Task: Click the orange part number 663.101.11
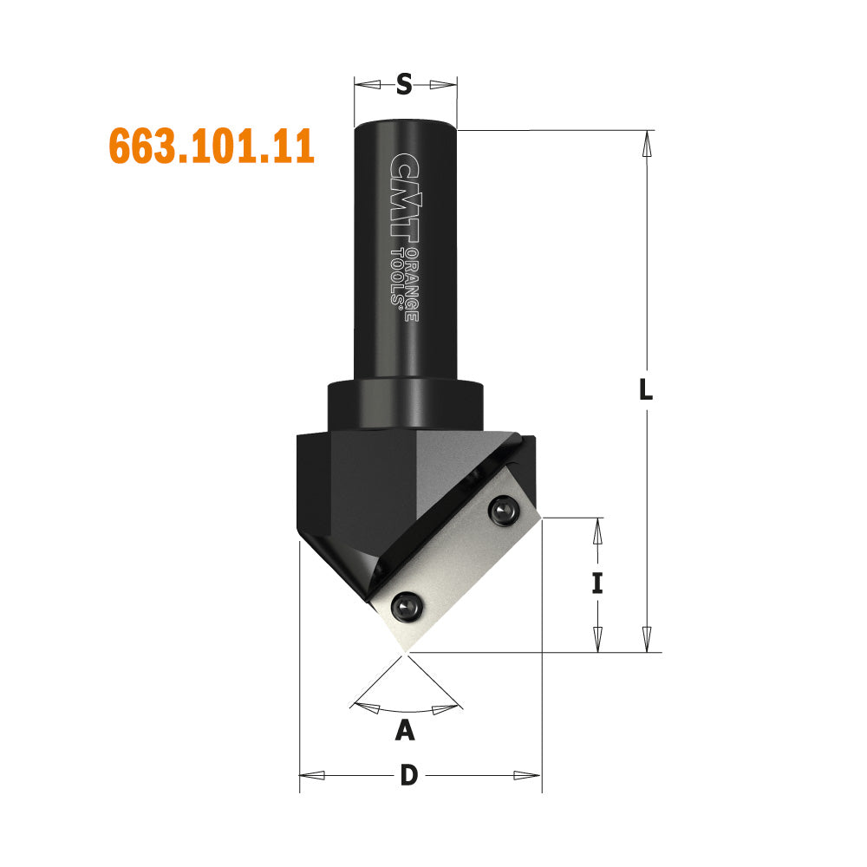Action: click(211, 146)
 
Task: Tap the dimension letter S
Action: click(404, 84)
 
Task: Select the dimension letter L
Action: click(644, 390)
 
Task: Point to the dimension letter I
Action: click(596, 584)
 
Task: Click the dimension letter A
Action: click(404, 732)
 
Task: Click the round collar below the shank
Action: click(404, 405)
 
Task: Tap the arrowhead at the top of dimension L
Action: click(645, 143)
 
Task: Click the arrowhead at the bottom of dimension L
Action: click(645, 639)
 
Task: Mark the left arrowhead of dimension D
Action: click(312, 775)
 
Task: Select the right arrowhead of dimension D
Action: click(527, 775)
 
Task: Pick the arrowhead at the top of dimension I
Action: click(596, 531)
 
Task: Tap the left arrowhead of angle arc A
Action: click(368, 707)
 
